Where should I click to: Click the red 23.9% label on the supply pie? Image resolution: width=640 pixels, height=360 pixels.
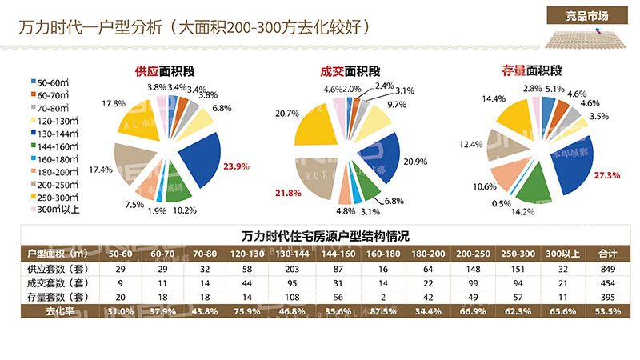click(237, 167)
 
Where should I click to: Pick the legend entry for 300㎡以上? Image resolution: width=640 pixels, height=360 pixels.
click(57, 210)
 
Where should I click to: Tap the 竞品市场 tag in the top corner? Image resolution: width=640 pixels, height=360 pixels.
click(586, 15)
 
